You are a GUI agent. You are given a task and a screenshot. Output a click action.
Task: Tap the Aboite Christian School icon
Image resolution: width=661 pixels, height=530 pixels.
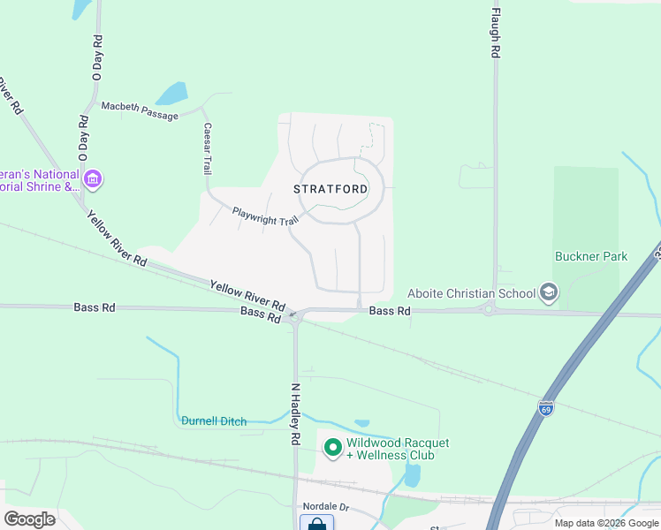pyautogui.click(x=548, y=293)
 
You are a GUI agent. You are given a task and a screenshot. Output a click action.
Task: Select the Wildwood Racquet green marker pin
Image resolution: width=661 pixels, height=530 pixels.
pyautogui.click(x=333, y=449)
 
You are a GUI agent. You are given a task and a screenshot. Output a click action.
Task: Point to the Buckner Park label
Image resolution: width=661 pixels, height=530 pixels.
pyautogui.click(x=591, y=257)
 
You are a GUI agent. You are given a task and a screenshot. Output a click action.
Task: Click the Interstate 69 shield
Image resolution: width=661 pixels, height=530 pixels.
pyautogui.click(x=546, y=408)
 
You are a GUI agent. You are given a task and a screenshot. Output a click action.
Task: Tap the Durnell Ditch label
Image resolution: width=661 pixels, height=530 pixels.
pyautogui.click(x=214, y=421)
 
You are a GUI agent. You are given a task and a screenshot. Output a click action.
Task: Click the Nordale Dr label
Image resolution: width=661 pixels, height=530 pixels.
pyautogui.click(x=326, y=507)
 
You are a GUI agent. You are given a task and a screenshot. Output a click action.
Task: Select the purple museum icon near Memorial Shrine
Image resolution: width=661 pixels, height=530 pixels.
pyautogui.click(x=94, y=180)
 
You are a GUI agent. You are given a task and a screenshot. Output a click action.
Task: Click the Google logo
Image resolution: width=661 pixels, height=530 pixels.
pyautogui.click(x=30, y=519)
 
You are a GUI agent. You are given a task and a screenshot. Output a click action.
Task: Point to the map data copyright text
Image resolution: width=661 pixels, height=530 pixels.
pyautogui.click(x=606, y=523)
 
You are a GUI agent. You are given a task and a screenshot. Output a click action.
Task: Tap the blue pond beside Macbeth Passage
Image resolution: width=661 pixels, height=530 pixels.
pyautogui.click(x=172, y=94)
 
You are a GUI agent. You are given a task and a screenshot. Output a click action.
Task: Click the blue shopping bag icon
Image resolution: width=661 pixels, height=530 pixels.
pyautogui.click(x=316, y=524)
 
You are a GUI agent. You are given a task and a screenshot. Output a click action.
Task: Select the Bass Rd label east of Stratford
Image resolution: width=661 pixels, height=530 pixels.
pyautogui.click(x=390, y=311)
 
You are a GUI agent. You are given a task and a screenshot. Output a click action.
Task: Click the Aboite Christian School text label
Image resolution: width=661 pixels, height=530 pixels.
pyautogui.click(x=471, y=293)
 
